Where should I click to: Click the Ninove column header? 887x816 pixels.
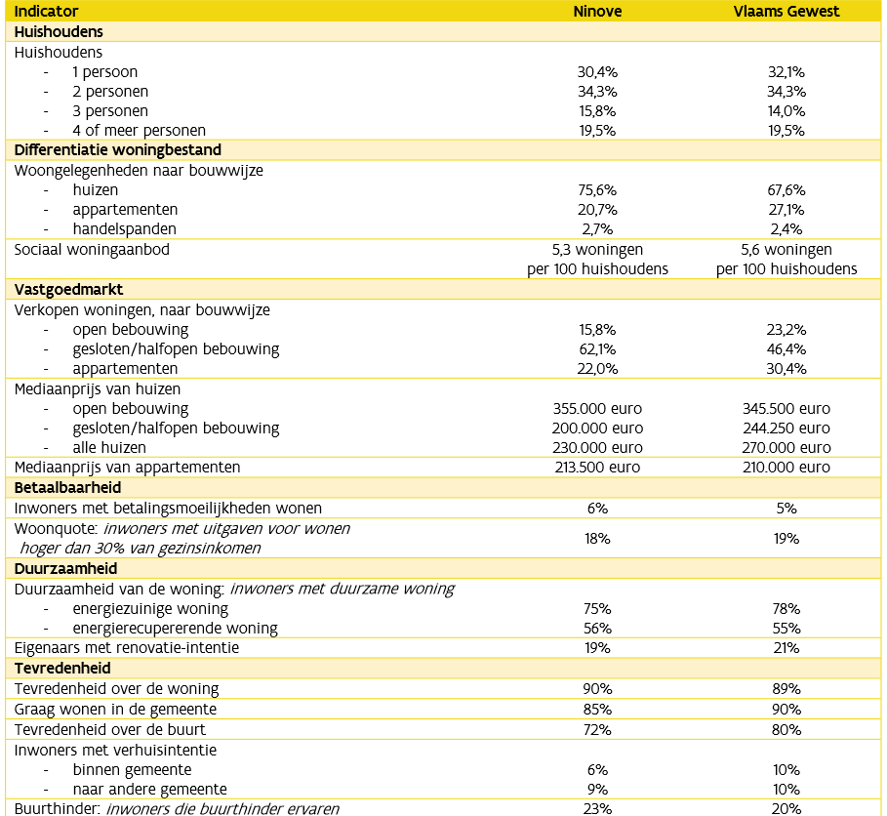597,12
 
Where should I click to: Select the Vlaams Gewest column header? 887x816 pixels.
786,12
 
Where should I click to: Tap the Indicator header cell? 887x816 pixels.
48,12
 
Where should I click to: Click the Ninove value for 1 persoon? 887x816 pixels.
597,71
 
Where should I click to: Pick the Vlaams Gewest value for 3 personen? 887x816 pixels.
786,110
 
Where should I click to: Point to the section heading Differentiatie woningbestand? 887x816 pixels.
117,150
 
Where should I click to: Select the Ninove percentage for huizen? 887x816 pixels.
597,189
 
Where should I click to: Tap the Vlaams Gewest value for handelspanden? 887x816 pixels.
786,229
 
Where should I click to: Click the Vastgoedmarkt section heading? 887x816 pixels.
67,290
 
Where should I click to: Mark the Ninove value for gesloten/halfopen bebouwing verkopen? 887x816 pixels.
597,349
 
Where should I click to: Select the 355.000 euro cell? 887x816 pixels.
597,409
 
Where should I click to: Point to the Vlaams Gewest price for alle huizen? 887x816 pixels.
786,448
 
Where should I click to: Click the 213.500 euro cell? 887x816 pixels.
597,468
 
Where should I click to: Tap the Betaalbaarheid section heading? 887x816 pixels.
67,487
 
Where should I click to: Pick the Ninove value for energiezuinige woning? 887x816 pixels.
597,608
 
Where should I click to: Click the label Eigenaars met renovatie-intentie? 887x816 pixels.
126,648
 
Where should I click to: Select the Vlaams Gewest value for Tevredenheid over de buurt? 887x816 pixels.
786,729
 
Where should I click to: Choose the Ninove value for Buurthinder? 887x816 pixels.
597,808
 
